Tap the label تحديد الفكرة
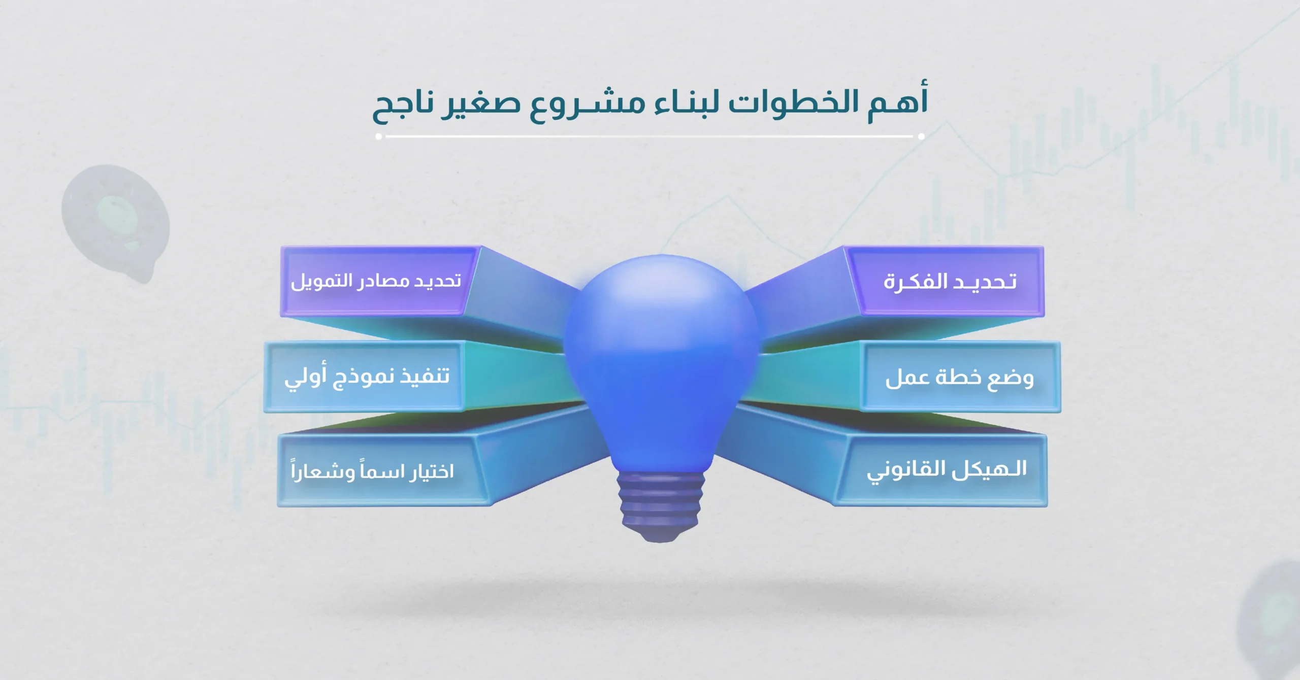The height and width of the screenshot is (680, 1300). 950,281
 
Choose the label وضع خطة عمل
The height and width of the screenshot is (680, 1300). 959,378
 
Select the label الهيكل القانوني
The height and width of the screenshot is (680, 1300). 947,470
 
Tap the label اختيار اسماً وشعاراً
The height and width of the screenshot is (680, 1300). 372,471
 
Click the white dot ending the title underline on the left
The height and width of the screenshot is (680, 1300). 378,136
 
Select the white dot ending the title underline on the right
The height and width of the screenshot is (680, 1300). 921,136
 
